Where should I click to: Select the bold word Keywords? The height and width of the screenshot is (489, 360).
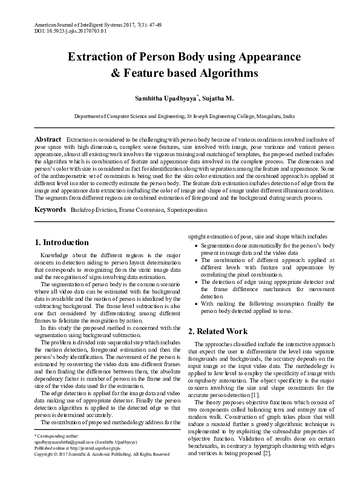(x=50, y=209)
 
